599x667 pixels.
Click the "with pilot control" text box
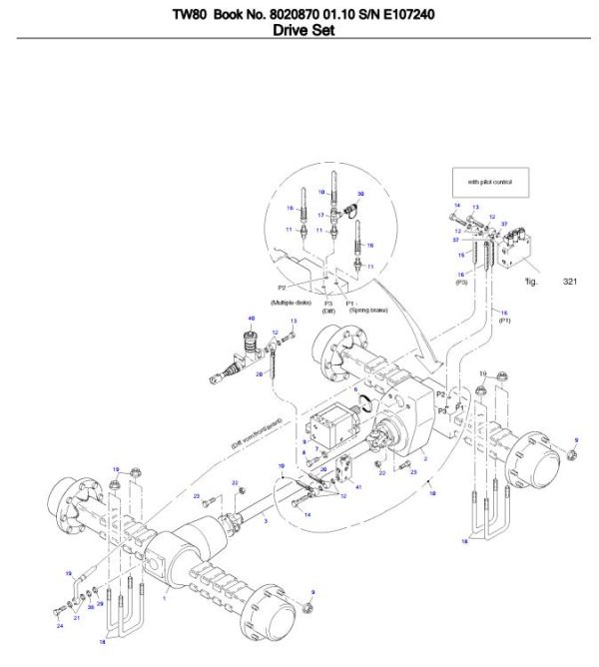point(488,183)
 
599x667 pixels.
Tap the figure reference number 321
point(570,282)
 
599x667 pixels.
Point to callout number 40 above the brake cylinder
point(252,319)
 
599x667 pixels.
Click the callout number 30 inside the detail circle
point(360,193)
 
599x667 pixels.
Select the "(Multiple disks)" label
point(292,301)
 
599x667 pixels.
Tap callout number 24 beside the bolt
point(59,626)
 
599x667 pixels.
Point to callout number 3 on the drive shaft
point(265,520)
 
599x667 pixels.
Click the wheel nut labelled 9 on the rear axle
point(572,455)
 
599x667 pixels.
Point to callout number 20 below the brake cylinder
point(258,374)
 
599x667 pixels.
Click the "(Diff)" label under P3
point(328,311)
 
